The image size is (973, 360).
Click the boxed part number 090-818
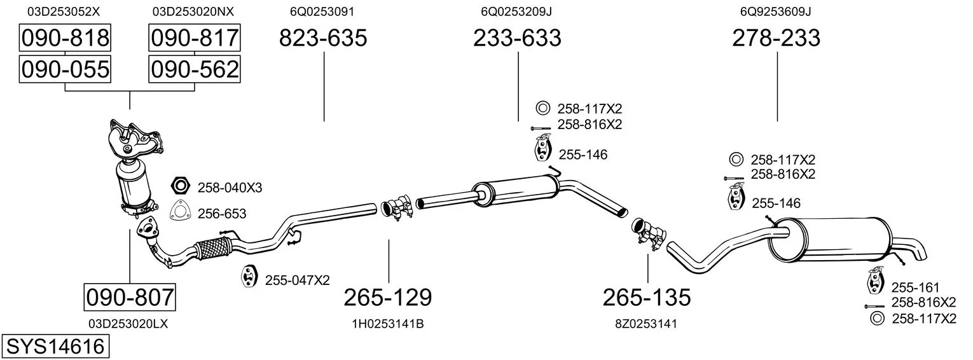[x=65, y=38]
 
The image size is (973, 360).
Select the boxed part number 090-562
[x=195, y=69]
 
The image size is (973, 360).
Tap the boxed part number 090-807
[x=130, y=298]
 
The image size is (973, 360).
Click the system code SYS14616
[x=55, y=347]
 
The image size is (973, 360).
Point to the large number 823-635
[x=323, y=38]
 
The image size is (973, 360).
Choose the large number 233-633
[x=517, y=38]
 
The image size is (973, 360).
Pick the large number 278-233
[x=776, y=38]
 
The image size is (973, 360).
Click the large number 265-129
[x=388, y=298]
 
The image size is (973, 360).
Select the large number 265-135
[x=647, y=298]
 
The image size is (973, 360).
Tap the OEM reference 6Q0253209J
[x=516, y=11]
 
